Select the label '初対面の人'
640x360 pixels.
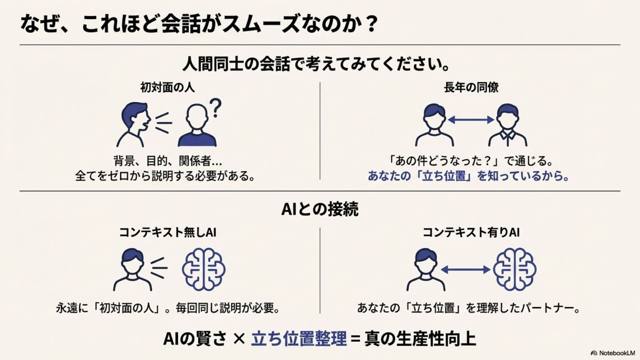167,88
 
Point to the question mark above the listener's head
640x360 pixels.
215,108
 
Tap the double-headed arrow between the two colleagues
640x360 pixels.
471,120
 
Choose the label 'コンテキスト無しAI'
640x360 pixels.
168,232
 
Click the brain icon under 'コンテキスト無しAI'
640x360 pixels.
204,269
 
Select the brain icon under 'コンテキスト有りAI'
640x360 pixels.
515,269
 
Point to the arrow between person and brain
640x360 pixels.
465,269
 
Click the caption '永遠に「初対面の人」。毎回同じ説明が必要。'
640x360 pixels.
168,308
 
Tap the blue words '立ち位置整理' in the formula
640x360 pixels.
299,340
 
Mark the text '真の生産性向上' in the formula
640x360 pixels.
420,340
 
